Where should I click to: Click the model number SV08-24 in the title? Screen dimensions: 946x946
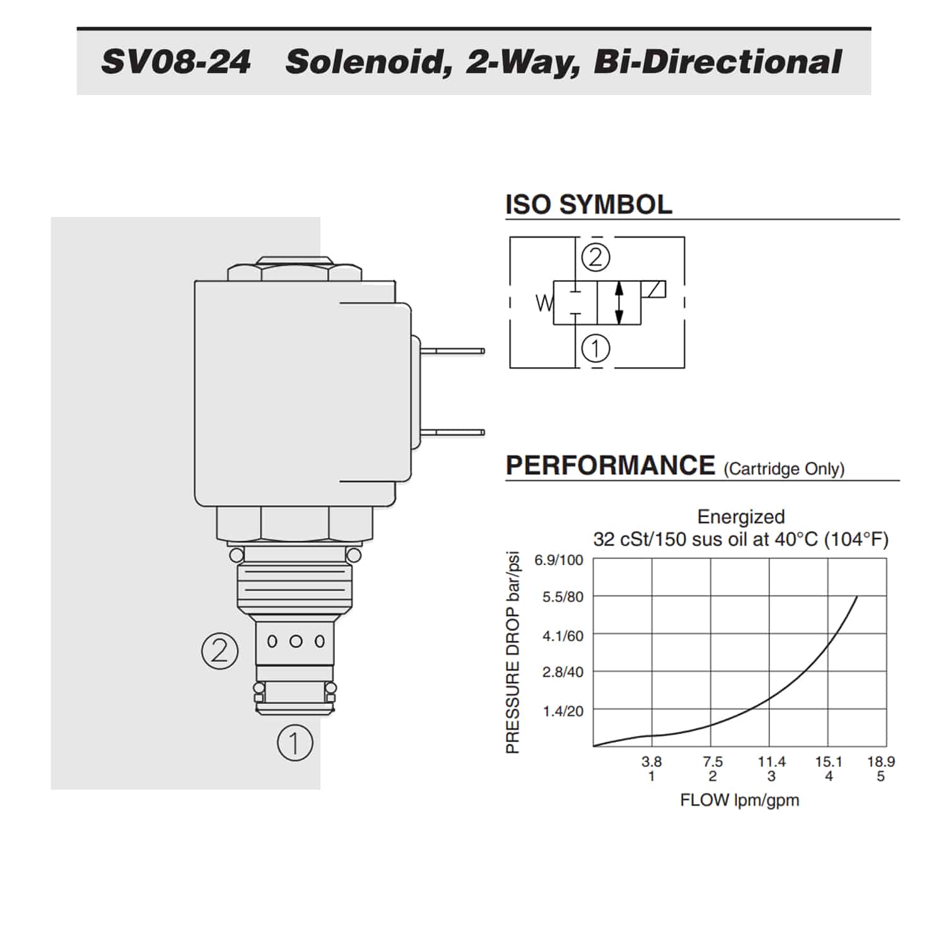point(176,62)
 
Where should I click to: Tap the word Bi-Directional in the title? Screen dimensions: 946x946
point(718,62)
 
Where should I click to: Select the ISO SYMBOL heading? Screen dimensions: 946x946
point(588,204)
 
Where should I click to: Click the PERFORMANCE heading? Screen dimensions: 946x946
point(610,465)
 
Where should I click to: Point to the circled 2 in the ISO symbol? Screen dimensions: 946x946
point(596,257)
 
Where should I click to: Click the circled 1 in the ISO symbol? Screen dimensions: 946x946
point(596,348)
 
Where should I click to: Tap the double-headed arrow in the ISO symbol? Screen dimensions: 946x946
point(619,303)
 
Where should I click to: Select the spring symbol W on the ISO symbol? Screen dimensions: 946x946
point(544,304)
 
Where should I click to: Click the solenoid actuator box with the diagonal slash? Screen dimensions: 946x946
point(653,289)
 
